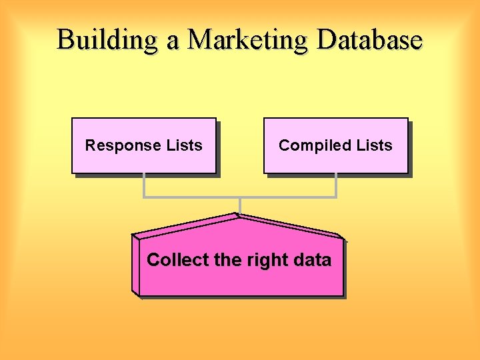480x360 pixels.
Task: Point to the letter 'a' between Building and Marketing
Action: pyautogui.click(x=173, y=41)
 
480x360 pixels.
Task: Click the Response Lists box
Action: pyautogui.click(x=144, y=146)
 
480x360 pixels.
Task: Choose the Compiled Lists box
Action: pyautogui.click(x=335, y=146)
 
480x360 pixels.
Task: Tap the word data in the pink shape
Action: pyautogui.click(x=311, y=259)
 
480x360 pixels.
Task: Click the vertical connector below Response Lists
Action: pyautogui.click(x=143, y=185)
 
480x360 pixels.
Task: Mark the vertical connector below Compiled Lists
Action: pyautogui.click(x=336, y=185)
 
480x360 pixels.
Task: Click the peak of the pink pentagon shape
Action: pyautogui.click(x=238, y=215)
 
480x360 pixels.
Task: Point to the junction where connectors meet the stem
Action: pyautogui.click(x=240, y=197)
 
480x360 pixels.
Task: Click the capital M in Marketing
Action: pyautogui.click(x=201, y=40)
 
